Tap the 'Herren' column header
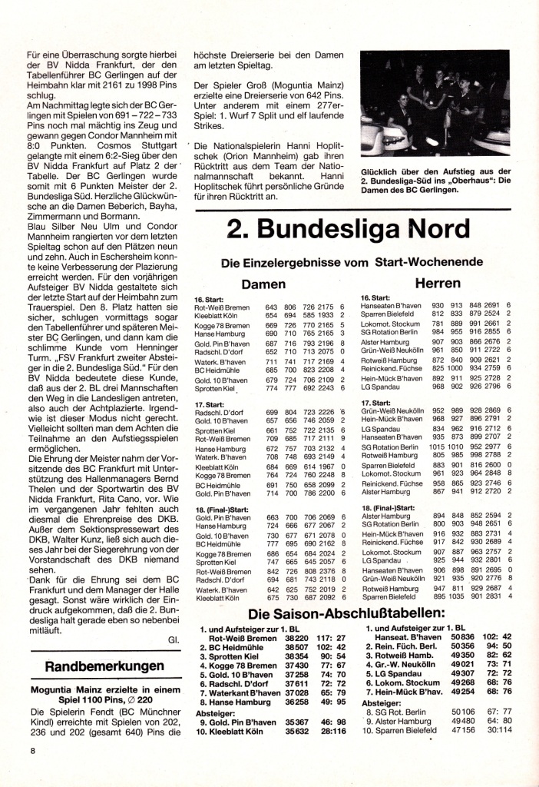[x=438, y=284]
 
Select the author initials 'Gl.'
[x=171, y=637]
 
